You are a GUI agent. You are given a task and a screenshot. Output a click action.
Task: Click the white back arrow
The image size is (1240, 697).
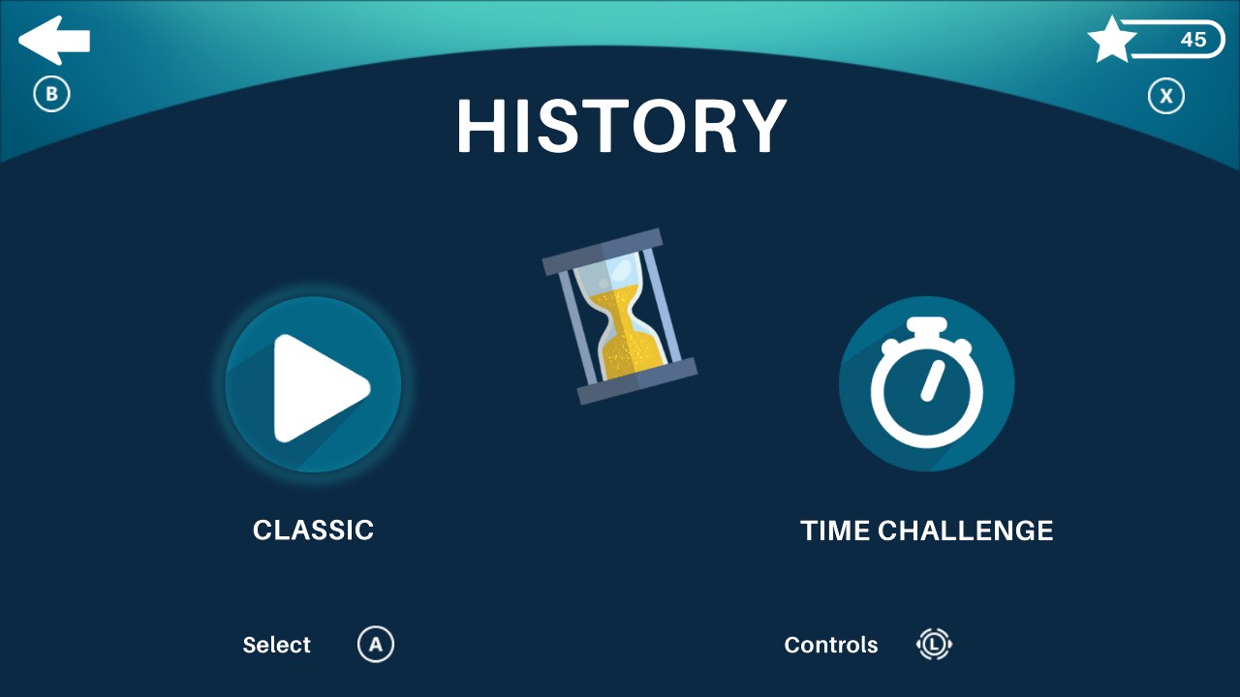(53, 41)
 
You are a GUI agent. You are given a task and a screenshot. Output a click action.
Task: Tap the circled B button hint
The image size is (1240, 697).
(52, 95)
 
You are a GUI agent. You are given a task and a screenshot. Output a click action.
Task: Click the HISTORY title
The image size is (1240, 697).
(621, 127)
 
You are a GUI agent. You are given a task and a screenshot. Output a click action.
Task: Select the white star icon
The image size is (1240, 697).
(1111, 41)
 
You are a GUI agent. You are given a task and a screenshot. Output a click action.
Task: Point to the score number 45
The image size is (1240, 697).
(1193, 40)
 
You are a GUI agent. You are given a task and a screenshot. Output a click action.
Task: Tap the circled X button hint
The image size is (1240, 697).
(1166, 96)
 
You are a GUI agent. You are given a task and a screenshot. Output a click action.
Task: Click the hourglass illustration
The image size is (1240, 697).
(619, 317)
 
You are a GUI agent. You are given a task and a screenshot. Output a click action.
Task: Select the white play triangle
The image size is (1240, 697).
(318, 387)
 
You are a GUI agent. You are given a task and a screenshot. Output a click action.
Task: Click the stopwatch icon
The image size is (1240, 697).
(926, 383)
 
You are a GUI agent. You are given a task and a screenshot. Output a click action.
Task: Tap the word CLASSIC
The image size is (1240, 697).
(313, 530)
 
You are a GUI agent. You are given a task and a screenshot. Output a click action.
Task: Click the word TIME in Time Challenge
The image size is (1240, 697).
(834, 531)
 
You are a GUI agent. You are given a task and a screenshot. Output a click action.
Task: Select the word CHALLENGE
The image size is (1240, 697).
(965, 531)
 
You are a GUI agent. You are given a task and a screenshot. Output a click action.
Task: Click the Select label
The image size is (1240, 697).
(276, 646)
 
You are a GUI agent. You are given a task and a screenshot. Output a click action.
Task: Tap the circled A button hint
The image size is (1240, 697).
(376, 645)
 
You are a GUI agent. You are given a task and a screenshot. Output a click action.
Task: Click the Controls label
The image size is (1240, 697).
(831, 646)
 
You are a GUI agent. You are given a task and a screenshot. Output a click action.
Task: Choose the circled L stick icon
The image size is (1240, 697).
(935, 645)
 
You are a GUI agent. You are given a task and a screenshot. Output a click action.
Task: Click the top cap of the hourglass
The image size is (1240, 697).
(603, 252)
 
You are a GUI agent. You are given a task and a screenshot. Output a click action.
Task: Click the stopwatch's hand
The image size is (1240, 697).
(932, 380)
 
